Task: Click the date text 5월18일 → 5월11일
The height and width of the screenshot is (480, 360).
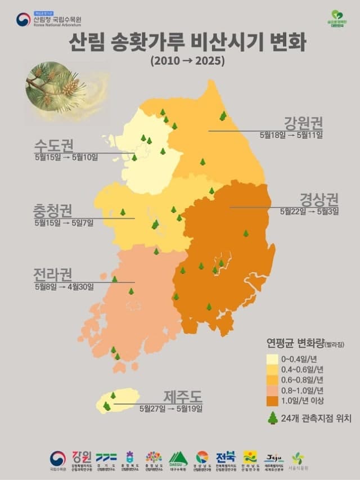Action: [x=291, y=134]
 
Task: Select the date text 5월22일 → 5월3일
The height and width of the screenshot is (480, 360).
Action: [x=309, y=211]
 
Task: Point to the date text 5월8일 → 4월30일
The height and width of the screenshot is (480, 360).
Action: [x=64, y=286]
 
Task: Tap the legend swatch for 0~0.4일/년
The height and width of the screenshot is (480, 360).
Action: [x=273, y=358]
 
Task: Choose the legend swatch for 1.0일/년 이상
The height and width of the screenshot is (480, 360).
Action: [x=273, y=401]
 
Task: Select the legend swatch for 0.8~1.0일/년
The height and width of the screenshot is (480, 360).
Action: [x=273, y=390]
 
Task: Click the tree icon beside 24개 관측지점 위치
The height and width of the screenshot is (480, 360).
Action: [x=273, y=418]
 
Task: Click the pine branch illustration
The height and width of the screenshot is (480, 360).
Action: [x=56, y=84]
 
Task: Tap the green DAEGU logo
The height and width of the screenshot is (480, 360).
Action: [x=178, y=459]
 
